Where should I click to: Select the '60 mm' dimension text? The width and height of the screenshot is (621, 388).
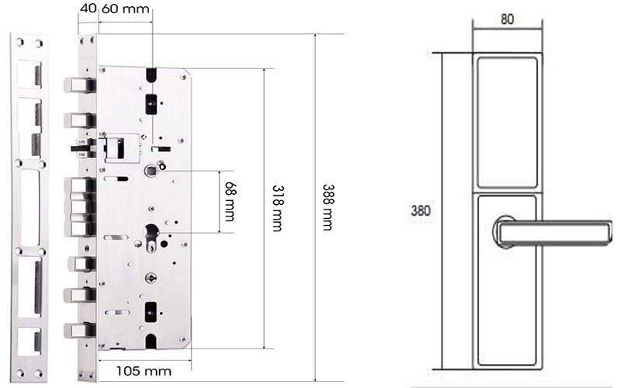tap(126, 9)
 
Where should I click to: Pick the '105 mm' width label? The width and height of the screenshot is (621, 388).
tap(143, 370)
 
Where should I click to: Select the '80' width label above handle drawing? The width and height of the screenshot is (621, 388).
tap(507, 19)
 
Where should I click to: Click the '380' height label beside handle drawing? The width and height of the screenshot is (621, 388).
tap(421, 211)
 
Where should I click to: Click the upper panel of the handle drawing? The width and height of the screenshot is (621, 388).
tap(508, 122)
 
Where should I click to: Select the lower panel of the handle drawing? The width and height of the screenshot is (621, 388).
tap(508, 310)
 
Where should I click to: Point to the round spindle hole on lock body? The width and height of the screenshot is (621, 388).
tap(150, 171)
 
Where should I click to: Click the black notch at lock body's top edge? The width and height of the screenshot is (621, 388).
tap(152, 74)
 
